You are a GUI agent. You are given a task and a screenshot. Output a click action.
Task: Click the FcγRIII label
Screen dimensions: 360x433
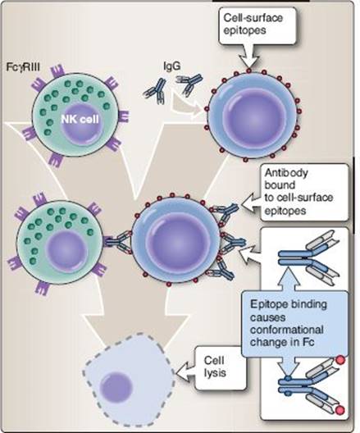(x=23, y=67)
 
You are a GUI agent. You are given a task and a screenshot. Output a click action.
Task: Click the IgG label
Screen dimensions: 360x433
(x=172, y=66)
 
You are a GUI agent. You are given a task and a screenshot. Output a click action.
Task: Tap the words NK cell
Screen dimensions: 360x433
(x=80, y=119)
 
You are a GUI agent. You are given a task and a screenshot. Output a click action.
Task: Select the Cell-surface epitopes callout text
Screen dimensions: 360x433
(x=253, y=24)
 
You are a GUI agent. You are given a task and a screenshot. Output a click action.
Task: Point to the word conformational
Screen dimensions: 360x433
(x=286, y=330)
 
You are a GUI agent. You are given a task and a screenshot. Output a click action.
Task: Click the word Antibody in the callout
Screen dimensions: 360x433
(x=286, y=173)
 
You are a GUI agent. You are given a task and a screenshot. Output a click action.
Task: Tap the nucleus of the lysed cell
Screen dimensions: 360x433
(x=116, y=387)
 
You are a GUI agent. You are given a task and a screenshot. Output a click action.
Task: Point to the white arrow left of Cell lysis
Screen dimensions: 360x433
(x=186, y=371)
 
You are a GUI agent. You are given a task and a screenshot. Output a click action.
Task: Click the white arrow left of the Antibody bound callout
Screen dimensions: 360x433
(x=252, y=205)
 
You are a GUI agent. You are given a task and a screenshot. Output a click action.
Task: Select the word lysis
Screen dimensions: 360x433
(x=215, y=373)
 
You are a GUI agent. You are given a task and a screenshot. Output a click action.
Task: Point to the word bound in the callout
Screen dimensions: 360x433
(x=280, y=185)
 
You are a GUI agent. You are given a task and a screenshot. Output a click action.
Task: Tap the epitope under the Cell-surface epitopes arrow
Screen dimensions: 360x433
(x=249, y=71)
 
